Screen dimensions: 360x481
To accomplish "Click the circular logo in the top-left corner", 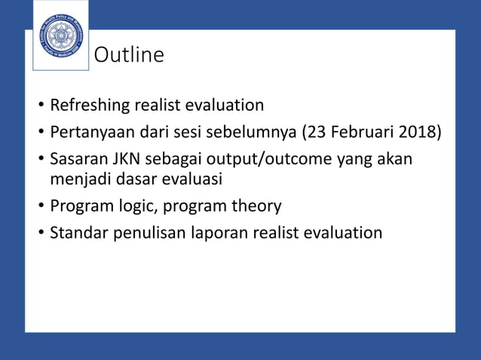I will tap(61, 36).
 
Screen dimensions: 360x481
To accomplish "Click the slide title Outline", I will tap(128, 56).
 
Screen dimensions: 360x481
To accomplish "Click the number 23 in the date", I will tap(317, 133).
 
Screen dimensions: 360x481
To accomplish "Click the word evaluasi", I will tap(194, 179).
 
